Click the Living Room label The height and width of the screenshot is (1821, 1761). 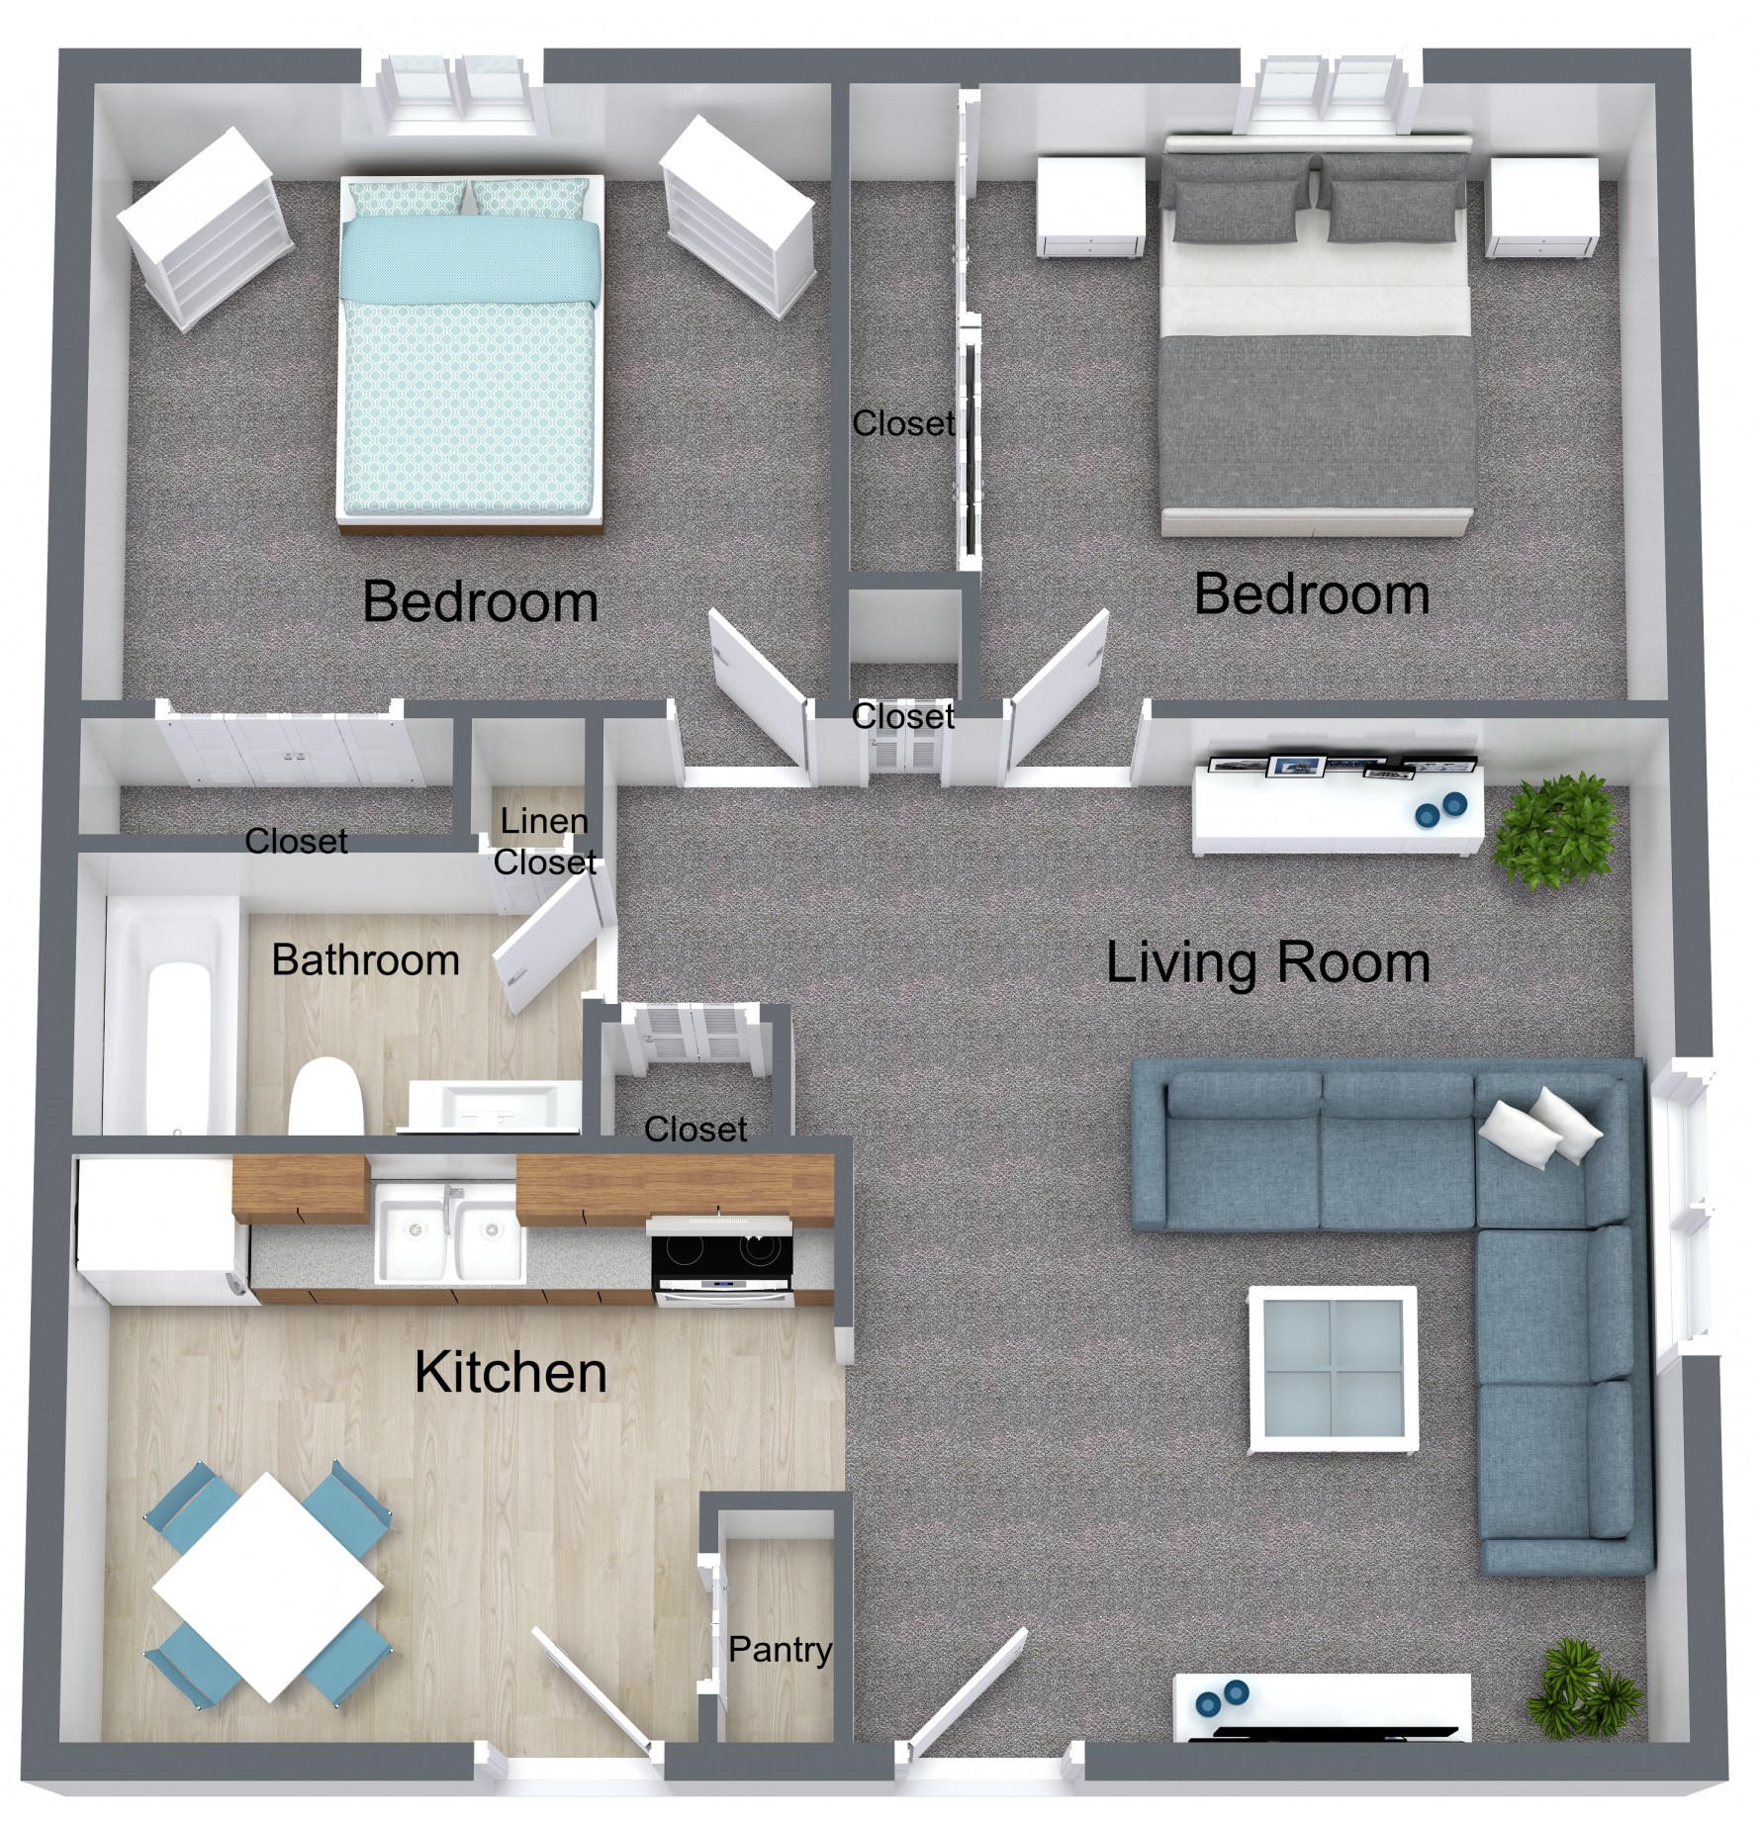[x=1268, y=962]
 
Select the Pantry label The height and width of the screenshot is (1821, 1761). [x=781, y=1649]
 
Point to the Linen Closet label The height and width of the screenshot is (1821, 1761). [x=545, y=842]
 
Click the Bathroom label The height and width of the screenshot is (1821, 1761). [x=366, y=959]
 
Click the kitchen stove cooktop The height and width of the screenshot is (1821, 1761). [x=721, y=1257]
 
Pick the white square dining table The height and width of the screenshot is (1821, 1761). [x=268, y=1588]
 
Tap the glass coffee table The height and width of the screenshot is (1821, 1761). [x=1333, y=1369]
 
